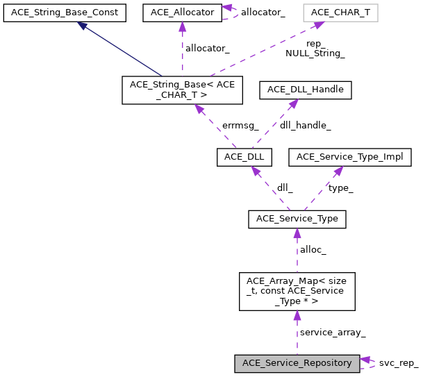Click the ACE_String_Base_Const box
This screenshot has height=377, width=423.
(65, 12)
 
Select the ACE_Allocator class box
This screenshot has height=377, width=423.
(182, 12)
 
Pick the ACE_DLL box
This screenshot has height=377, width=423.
(243, 158)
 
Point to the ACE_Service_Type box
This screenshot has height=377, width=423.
(297, 219)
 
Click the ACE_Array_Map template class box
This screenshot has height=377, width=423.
(297, 291)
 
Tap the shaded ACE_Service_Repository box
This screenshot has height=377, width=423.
(297, 362)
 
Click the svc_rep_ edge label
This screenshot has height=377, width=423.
(398, 363)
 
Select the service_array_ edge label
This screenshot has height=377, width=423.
(332, 333)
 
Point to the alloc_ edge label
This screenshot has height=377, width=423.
(313, 249)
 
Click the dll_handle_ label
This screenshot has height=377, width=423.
(305, 126)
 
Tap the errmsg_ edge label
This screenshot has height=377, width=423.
(240, 126)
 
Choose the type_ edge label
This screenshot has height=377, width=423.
(340, 188)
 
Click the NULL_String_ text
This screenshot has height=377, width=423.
(315, 53)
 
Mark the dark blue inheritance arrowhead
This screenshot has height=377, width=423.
(82, 26)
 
